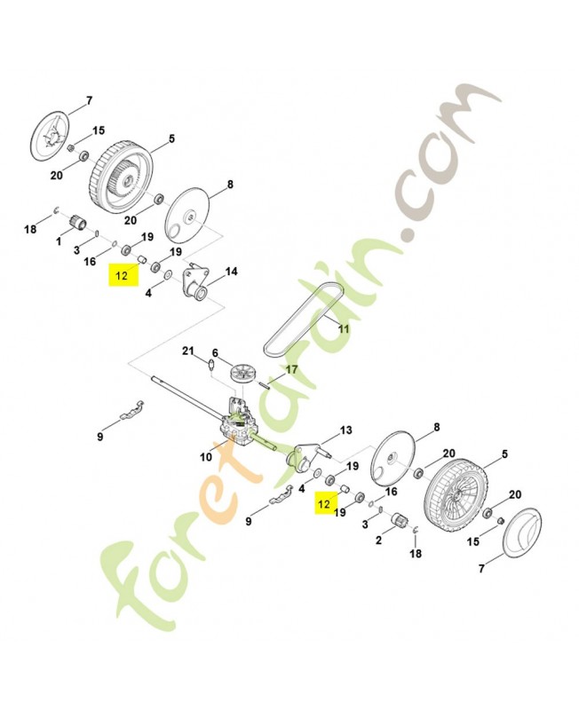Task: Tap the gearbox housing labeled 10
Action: tap(234, 422)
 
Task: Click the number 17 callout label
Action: tap(292, 370)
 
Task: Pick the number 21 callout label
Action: tap(188, 351)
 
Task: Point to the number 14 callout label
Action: tap(231, 272)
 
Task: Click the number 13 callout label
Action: tap(345, 430)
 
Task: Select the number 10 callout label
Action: tap(206, 457)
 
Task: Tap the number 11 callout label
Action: tap(345, 328)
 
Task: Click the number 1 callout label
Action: tap(59, 241)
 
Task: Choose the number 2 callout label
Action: tap(379, 540)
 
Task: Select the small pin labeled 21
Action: tap(210, 365)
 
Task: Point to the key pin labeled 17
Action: tap(266, 383)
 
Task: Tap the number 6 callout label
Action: tap(215, 352)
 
